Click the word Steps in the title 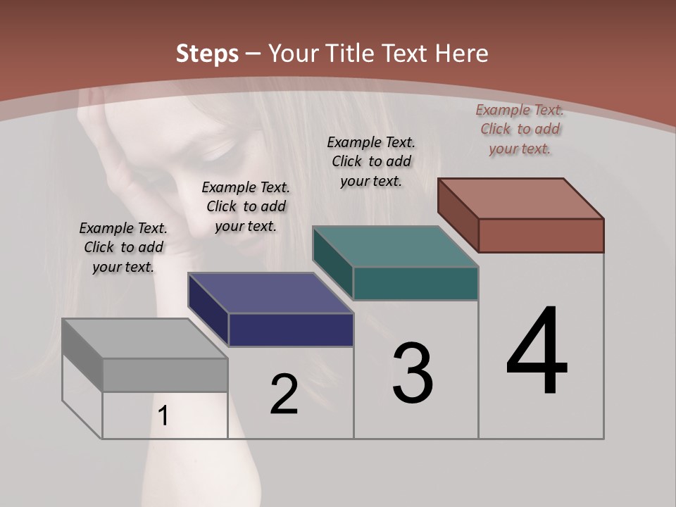point(207,54)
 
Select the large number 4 point(537,352)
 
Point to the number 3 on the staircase point(413,373)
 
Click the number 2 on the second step point(284,394)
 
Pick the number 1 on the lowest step point(163,415)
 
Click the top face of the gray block point(144,338)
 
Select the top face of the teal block point(395,246)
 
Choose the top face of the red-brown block point(520,198)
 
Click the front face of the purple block point(291,330)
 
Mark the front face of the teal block point(415,283)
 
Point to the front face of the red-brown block point(541,235)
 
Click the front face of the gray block point(165,375)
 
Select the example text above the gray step point(123,247)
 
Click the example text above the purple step point(246,206)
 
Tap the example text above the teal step point(371,161)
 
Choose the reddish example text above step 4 point(520,129)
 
